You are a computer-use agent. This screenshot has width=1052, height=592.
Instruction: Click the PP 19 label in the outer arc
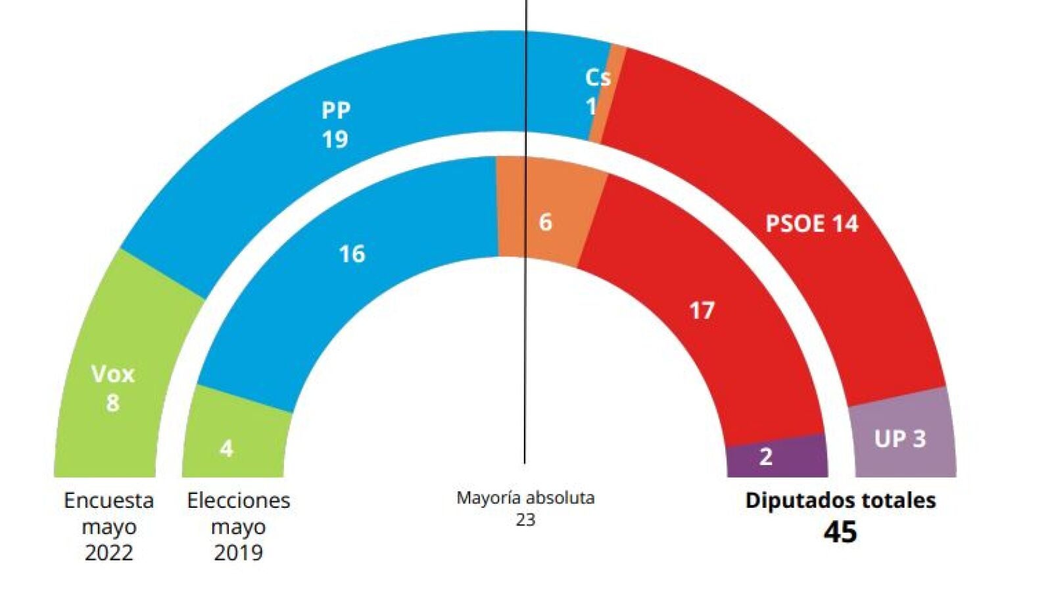[x=335, y=124]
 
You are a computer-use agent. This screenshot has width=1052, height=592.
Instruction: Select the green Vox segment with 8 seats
[x=112, y=388]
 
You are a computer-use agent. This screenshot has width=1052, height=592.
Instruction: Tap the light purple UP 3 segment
[x=900, y=438]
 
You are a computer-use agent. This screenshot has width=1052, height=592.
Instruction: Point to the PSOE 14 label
[x=811, y=224]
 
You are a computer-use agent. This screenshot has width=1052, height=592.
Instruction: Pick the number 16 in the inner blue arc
[x=352, y=254]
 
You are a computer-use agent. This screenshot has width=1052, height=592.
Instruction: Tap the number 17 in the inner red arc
[x=702, y=310]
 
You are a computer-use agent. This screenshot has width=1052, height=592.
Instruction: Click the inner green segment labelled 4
[x=227, y=448]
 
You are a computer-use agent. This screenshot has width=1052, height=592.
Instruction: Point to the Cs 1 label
[x=596, y=91]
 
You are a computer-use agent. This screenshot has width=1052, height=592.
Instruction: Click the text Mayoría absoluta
[x=525, y=498]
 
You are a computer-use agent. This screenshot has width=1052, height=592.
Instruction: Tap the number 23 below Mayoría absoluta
[x=525, y=520]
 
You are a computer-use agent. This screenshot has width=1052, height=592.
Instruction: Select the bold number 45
[x=840, y=532]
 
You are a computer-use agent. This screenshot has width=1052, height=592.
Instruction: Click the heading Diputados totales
[x=840, y=501]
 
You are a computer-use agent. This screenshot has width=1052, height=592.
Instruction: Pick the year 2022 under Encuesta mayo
[x=108, y=553]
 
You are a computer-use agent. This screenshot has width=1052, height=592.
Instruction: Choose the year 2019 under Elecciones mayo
[x=238, y=553]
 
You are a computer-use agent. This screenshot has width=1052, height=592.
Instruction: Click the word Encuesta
[x=108, y=501]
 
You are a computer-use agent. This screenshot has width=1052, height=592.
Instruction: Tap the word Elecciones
[x=238, y=501]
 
